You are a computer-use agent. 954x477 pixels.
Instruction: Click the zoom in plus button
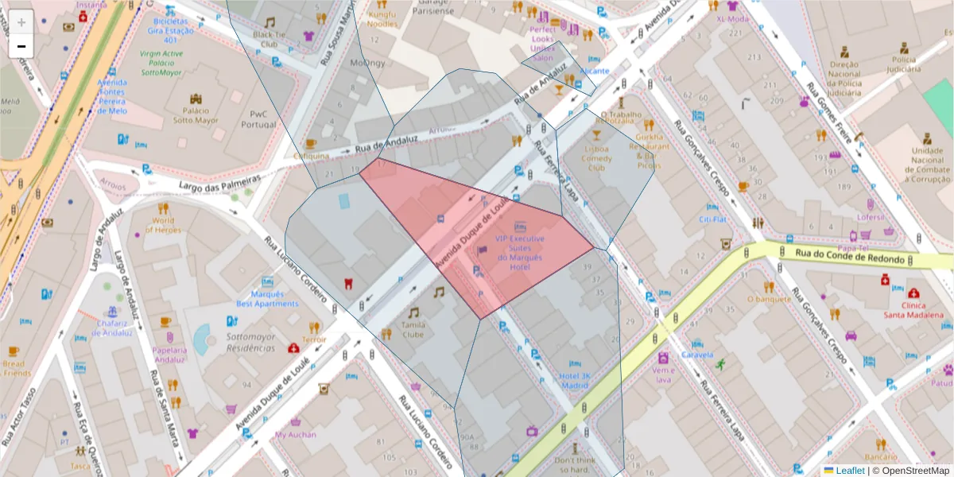[x=21, y=21]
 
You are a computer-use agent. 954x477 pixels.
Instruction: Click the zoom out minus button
[x=21, y=46]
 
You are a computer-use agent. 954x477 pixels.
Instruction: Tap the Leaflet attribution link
[x=849, y=471]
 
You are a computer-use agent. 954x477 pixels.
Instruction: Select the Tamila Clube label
[x=413, y=329]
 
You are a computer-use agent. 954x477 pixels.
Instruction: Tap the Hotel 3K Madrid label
[x=574, y=380]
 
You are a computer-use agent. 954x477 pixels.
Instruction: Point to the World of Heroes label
[x=163, y=225]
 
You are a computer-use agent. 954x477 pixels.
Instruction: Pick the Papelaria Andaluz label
[x=169, y=354]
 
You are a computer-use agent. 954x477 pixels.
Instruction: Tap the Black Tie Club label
[x=270, y=40]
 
